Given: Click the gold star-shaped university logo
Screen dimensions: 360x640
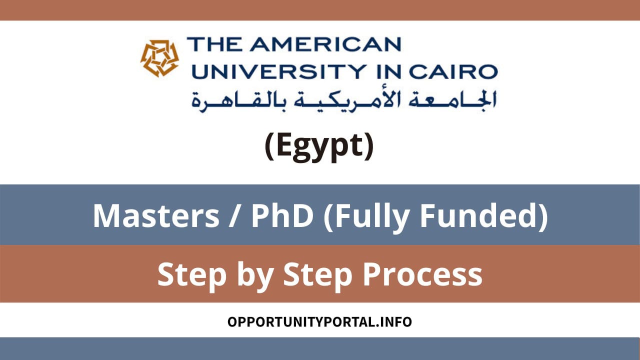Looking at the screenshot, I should (x=159, y=58).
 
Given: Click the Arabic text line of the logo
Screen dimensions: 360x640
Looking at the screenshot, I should (x=344, y=99).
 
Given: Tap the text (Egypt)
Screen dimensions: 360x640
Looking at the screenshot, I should (x=319, y=146).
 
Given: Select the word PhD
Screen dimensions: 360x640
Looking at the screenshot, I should (x=283, y=216).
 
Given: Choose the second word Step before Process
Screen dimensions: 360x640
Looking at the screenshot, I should (x=312, y=275).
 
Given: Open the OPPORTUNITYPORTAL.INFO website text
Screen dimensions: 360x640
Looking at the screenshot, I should (x=319, y=321).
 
